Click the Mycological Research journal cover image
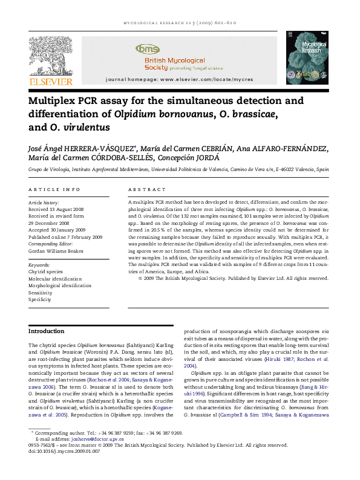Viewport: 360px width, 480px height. [x=307, y=58]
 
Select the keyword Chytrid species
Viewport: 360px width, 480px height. [x=46, y=272]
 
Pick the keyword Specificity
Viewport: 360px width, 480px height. [x=40, y=299]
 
